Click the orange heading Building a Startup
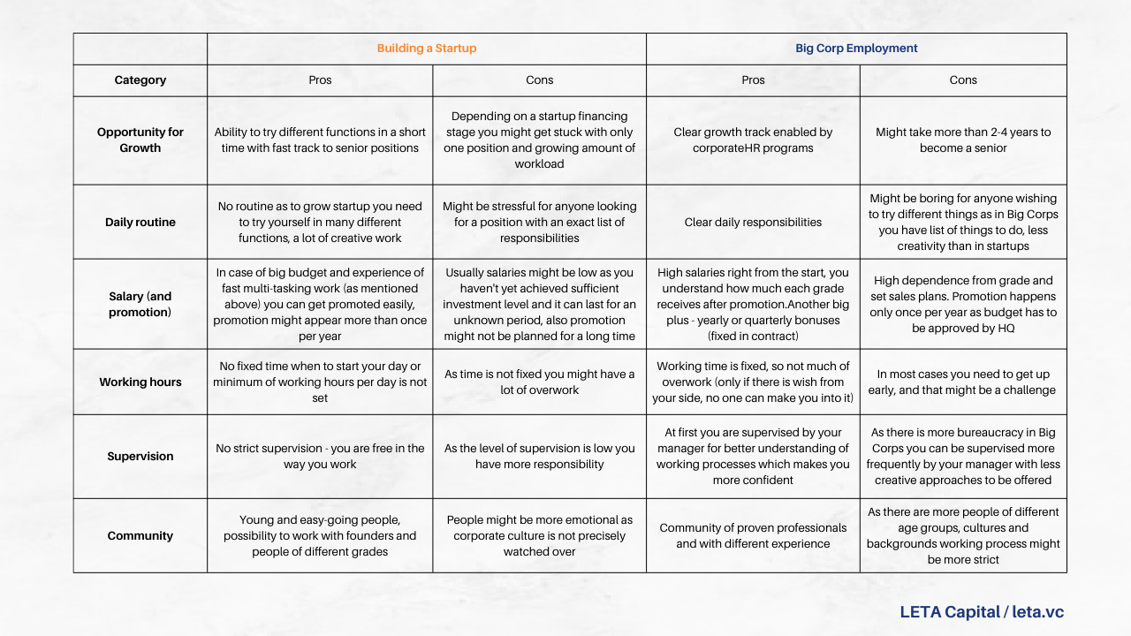426,49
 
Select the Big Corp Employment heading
856,49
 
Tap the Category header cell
140,80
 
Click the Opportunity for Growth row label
140,140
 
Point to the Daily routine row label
140,222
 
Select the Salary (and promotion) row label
140,304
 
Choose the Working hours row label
140,382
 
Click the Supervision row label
140,457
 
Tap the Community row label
140,535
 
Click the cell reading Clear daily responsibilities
753,222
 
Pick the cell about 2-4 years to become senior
963,140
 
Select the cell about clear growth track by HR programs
753,140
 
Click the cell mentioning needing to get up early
963,382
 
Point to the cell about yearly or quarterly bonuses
753,304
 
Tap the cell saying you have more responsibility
539,457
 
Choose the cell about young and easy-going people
320,535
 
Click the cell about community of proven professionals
753,535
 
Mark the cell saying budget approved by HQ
963,304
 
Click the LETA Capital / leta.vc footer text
982,611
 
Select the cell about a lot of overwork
539,382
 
